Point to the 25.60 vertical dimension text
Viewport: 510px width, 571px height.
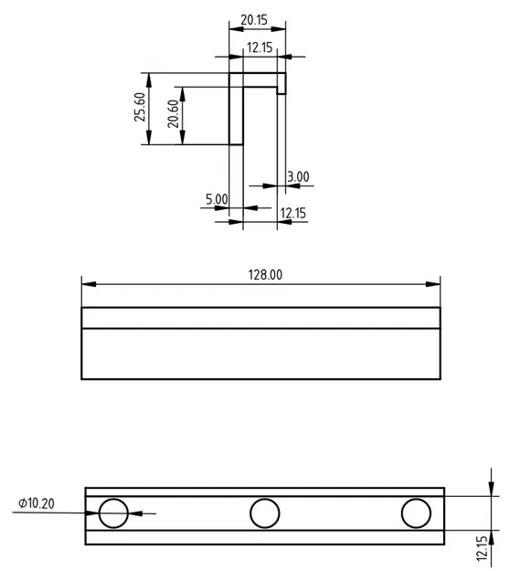139,107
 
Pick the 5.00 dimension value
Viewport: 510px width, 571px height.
217,199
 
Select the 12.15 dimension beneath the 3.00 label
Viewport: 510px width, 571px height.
292,213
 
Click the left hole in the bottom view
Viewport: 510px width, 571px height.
113,513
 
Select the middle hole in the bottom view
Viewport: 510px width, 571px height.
265,513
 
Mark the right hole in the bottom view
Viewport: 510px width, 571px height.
416,513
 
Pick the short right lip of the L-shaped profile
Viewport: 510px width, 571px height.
282,83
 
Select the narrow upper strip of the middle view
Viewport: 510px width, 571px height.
261,317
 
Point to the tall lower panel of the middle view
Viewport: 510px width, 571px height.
261,353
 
